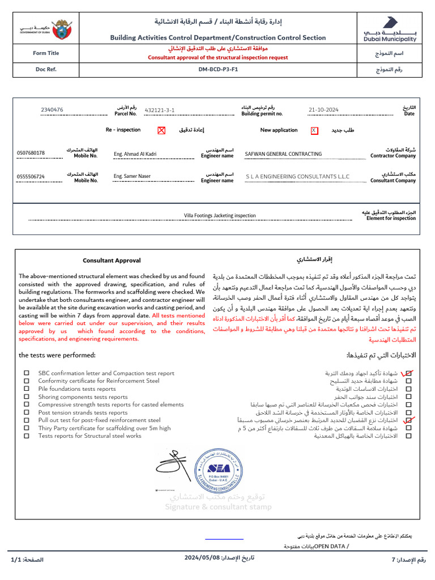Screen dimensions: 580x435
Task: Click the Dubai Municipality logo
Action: (x=390, y=29)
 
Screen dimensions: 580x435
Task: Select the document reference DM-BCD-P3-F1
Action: (x=218, y=70)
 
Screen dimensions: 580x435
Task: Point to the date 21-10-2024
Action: (x=323, y=110)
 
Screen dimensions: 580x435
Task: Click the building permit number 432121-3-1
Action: (x=160, y=110)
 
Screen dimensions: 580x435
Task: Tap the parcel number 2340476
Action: (x=52, y=110)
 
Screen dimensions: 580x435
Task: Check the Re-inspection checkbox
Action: (x=161, y=130)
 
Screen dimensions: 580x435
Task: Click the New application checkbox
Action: (x=314, y=130)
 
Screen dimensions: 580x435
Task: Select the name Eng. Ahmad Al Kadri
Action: (x=135, y=153)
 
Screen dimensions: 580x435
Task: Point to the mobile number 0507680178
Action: (x=31, y=153)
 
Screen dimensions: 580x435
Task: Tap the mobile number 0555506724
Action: (x=31, y=177)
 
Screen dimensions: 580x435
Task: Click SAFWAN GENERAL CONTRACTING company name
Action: (x=283, y=153)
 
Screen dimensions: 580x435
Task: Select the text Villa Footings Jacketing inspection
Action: (x=220, y=215)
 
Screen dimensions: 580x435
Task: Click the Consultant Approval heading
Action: (x=112, y=261)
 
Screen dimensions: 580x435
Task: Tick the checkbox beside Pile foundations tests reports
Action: (x=27, y=389)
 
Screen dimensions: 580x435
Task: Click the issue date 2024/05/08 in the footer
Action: (x=202, y=558)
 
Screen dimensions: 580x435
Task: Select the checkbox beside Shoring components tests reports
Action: (x=27, y=397)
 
